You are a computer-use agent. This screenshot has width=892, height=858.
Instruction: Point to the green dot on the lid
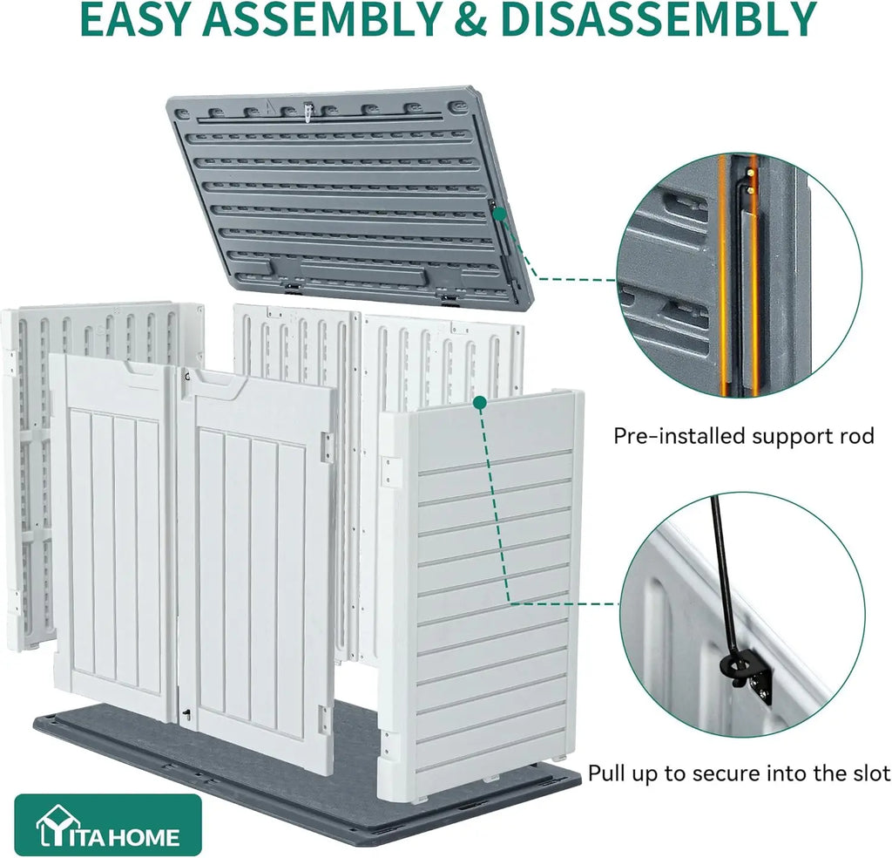(499, 214)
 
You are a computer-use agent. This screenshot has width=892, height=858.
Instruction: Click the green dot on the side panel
(480, 403)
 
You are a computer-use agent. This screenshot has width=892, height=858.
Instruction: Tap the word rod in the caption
(855, 436)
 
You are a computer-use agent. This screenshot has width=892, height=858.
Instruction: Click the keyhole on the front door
(186, 713)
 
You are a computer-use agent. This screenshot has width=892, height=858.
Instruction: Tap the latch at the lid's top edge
(308, 112)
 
